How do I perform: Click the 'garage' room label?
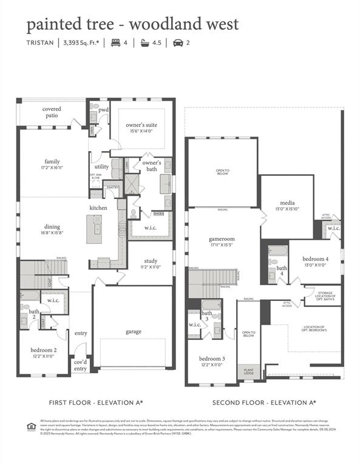click(x=134, y=331)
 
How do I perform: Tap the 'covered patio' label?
click(x=51, y=112)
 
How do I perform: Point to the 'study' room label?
click(x=151, y=261)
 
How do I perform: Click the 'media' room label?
click(x=287, y=203)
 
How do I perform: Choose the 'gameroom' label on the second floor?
click(x=222, y=239)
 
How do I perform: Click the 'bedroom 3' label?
click(x=212, y=358)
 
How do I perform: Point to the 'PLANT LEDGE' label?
click(x=248, y=371)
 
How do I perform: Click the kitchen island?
click(x=93, y=229)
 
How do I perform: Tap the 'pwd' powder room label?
click(x=103, y=110)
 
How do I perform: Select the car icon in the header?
click(x=177, y=42)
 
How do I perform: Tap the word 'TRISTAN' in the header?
click(x=40, y=42)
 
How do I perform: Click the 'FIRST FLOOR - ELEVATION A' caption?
click(x=96, y=402)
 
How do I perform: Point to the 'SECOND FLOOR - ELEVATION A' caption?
click(x=264, y=402)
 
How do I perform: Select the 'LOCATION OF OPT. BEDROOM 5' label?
click(x=314, y=328)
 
